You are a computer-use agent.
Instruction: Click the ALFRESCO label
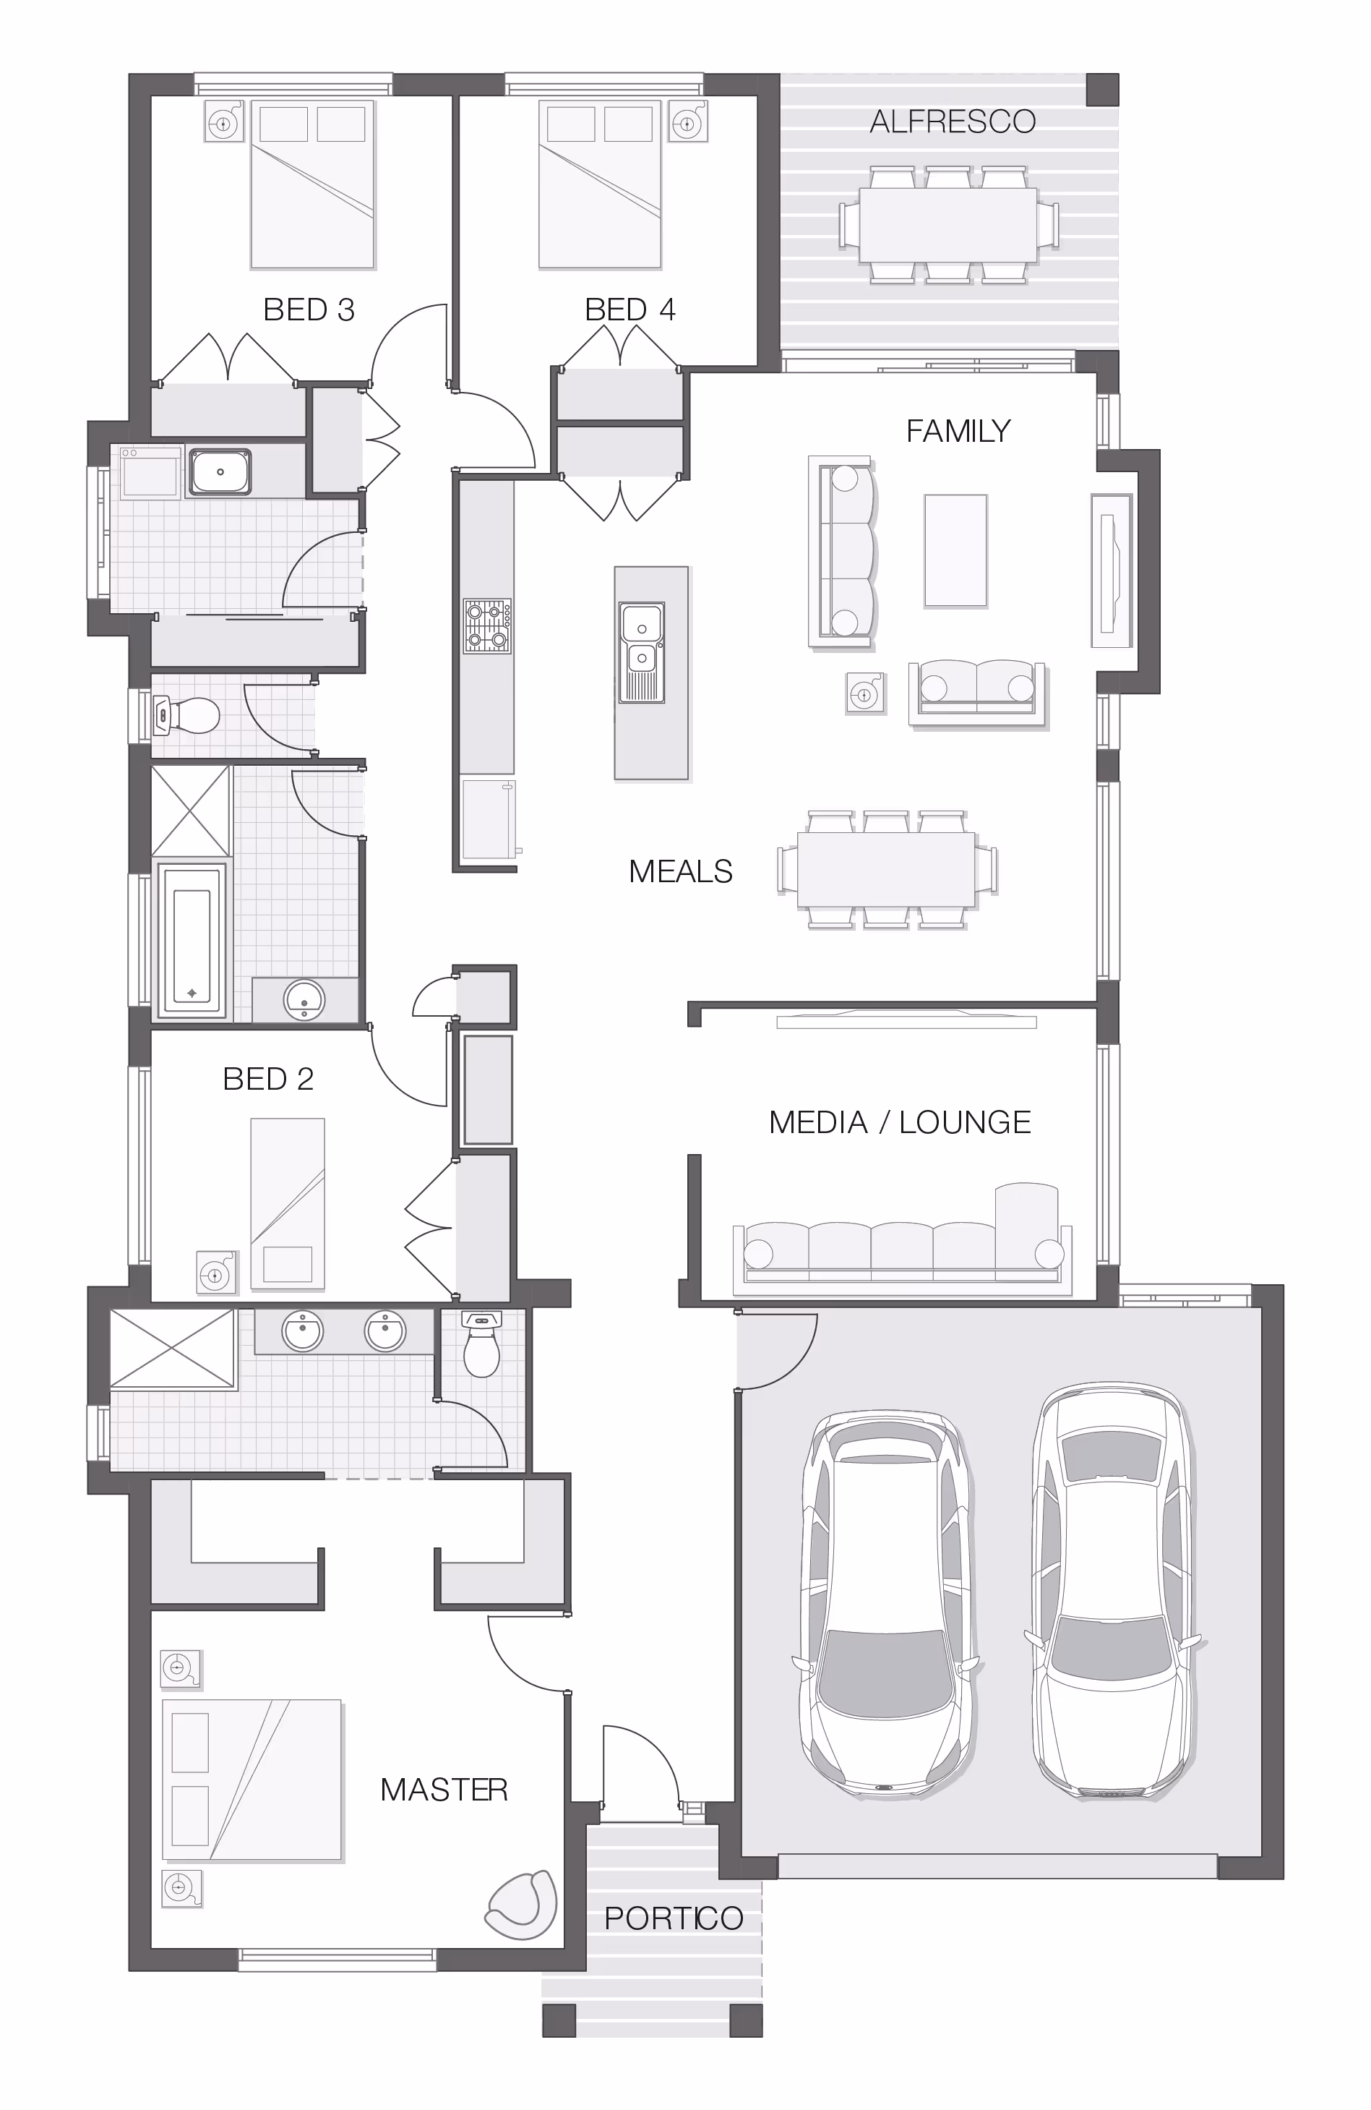pos(953,121)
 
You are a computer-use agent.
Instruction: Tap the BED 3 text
pos(309,309)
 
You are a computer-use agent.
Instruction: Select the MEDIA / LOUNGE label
pos(900,1122)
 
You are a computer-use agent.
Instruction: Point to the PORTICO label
pos(674,1918)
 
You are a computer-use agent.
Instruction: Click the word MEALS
pos(681,871)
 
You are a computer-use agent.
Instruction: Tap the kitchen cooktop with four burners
pos(487,627)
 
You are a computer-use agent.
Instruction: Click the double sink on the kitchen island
pos(642,652)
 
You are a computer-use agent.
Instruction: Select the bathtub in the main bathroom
pos(192,940)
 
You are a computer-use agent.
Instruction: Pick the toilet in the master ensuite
pos(481,1343)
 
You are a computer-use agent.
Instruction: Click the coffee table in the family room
pos(955,550)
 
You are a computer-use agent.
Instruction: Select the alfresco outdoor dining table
pos(948,224)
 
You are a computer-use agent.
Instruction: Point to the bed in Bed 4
pos(600,184)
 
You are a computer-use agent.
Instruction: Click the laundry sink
pos(220,471)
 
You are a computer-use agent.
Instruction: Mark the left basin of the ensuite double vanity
pos(303,1331)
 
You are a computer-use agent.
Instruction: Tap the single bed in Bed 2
pos(288,1203)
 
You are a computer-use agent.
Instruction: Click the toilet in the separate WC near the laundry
pos(186,715)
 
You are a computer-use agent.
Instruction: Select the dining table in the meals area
pos(887,869)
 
